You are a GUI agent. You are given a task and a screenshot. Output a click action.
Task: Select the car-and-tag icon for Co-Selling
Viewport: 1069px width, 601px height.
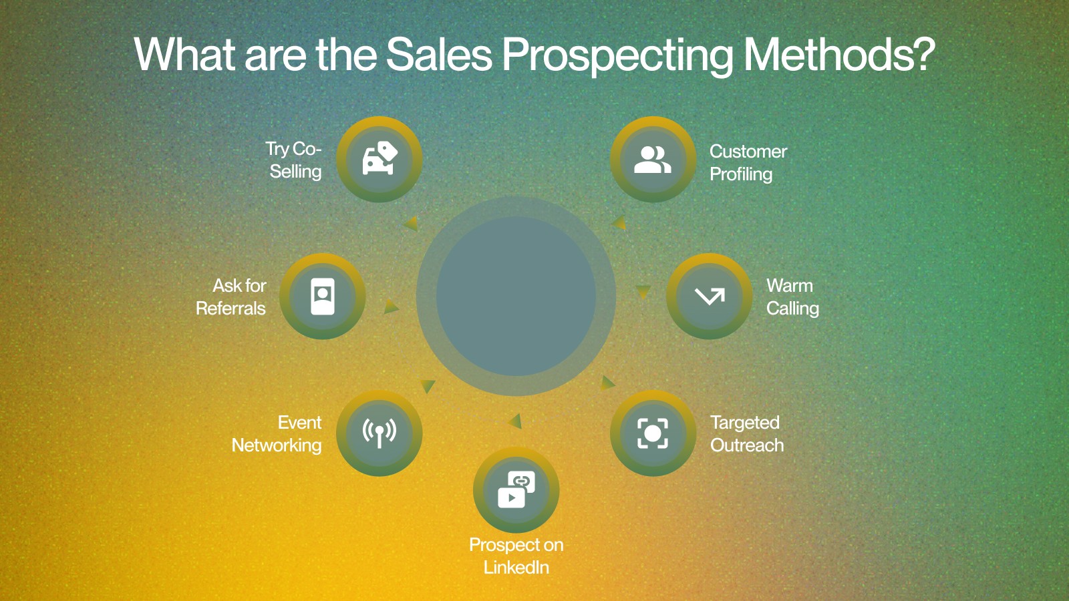pos(380,158)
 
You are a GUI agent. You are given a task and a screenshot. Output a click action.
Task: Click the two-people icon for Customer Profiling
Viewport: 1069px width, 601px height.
pos(652,160)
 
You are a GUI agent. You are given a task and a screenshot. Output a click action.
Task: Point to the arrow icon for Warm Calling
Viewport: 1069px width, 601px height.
pos(710,296)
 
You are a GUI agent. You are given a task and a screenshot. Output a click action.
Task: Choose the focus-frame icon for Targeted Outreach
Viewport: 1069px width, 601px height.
pos(653,433)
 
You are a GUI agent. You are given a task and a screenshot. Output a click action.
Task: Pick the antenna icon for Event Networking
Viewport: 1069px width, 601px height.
pos(379,433)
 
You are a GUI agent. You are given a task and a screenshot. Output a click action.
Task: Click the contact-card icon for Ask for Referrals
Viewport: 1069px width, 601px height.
pos(323,296)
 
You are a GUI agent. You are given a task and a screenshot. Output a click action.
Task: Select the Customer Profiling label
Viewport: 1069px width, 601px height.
pos(748,163)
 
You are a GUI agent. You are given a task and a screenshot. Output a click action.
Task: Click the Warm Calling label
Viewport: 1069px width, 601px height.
pos(792,296)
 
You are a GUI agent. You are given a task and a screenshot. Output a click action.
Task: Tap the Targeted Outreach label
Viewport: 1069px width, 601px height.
pos(747,433)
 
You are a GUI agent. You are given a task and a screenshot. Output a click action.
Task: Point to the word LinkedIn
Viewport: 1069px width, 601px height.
pos(516,567)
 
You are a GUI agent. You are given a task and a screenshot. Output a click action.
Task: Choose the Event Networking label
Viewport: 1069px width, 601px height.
pos(277,433)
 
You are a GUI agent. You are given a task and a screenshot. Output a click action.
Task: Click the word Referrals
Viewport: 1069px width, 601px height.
pos(231,308)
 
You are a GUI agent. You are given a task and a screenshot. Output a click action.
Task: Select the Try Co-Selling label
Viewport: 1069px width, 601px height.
pos(294,160)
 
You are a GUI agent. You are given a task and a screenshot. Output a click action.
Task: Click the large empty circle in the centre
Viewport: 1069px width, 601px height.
pos(516,296)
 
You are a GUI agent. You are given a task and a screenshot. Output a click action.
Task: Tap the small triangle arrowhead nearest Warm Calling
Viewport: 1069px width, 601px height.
pos(643,291)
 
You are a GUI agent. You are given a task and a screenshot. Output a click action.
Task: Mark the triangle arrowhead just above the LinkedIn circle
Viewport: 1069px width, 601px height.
pos(515,421)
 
